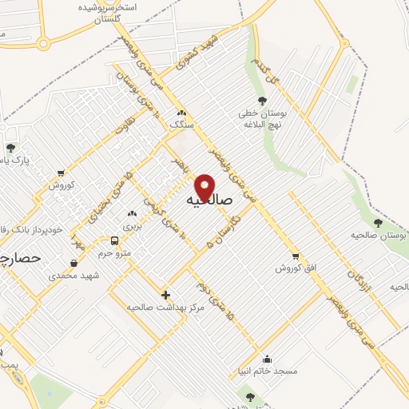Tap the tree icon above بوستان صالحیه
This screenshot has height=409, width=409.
coord(377,223)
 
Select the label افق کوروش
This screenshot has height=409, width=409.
coord(297,268)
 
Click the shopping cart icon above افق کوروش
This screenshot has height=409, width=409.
coord(296,256)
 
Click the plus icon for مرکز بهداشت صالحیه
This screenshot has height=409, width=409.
coord(166,295)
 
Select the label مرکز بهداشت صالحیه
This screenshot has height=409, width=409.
coord(166,307)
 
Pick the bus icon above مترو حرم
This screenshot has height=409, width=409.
coord(115,240)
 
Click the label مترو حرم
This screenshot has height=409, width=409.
coord(115,252)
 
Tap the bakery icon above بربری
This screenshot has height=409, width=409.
coord(133,213)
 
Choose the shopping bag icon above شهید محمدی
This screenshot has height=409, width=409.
coord(73,263)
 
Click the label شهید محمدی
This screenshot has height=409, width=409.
coord(73,275)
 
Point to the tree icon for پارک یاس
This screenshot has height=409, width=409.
coord(10,148)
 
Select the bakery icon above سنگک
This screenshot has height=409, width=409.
coord(181,113)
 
